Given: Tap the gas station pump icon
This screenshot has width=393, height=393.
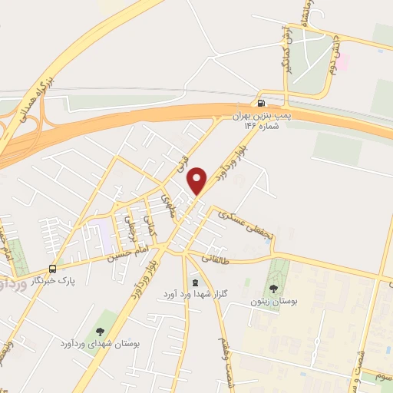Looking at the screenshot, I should (x=263, y=103).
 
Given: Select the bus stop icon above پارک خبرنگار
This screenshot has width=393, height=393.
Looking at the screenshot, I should (x=52, y=269).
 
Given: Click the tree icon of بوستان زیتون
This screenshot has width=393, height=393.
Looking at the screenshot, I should (x=274, y=289).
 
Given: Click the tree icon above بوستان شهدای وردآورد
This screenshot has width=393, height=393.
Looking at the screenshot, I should (x=101, y=331).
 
